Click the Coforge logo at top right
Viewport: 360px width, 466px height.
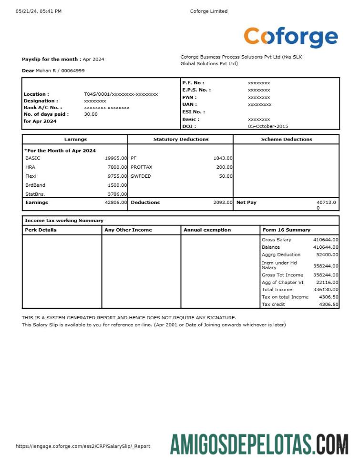point(290,37)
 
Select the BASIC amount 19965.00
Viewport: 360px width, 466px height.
point(116,158)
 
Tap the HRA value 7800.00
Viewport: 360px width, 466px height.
point(117,167)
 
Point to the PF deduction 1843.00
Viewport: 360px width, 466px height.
point(223,158)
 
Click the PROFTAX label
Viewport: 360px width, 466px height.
point(141,167)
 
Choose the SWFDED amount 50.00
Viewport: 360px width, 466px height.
point(226,176)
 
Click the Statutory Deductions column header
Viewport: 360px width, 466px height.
point(181,139)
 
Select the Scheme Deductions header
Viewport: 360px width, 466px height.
point(286,139)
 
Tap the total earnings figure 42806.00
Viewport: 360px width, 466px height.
point(116,203)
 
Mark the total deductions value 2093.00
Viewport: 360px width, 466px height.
point(223,203)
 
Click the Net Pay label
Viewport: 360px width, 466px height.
point(246,203)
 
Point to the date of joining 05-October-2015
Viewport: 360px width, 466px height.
point(268,126)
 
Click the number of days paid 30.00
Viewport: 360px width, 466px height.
point(91,114)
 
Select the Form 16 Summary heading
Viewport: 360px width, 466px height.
point(286,230)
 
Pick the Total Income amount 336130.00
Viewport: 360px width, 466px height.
point(326,289)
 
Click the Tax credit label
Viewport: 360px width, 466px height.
point(273,304)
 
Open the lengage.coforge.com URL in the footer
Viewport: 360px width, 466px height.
point(83,446)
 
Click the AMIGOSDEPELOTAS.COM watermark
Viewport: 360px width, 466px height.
point(259,444)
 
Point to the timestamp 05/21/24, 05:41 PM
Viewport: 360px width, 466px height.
point(39,11)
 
